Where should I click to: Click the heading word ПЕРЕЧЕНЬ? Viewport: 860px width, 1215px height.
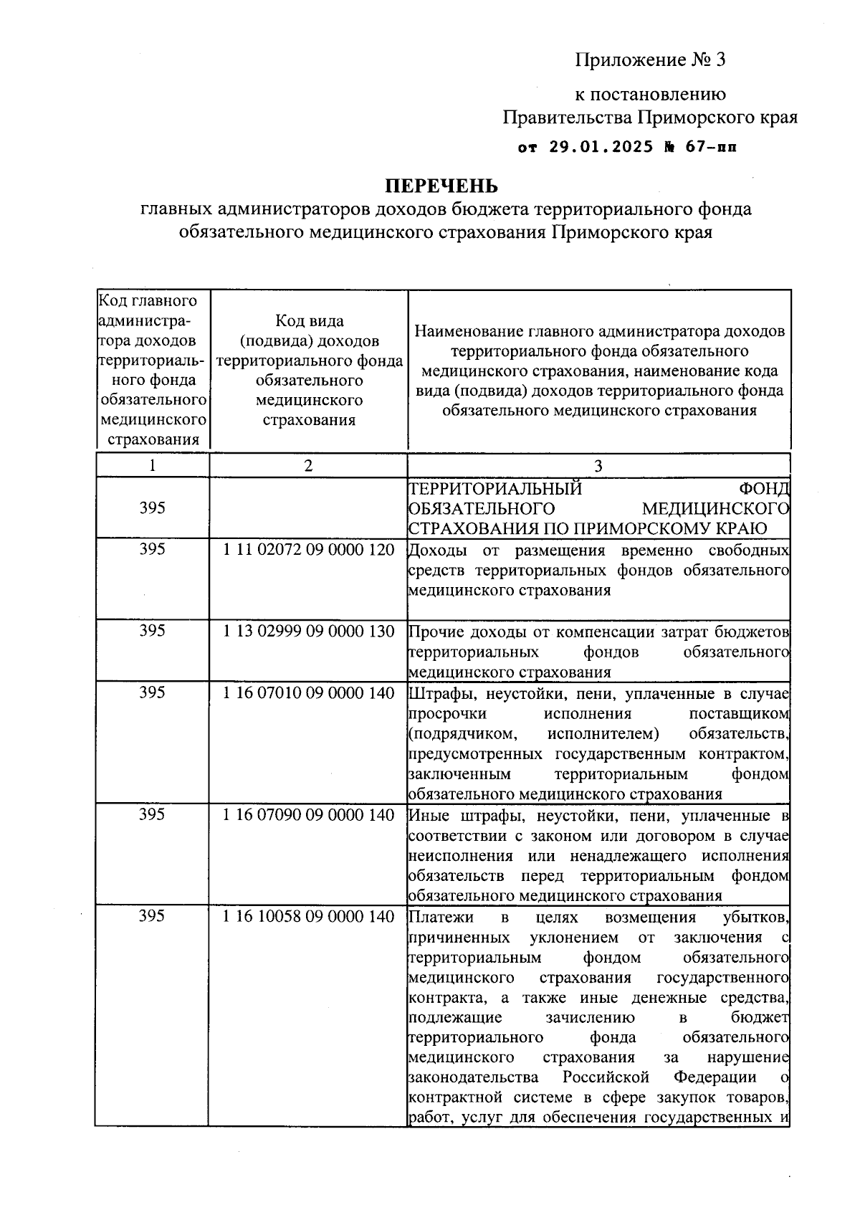(x=441, y=186)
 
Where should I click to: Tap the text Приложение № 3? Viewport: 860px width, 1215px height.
(x=651, y=60)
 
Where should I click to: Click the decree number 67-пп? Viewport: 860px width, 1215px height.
(x=709, y=148)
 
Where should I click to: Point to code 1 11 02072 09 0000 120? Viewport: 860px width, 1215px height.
(x=309, y=550)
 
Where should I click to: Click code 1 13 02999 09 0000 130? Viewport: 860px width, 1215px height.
(x=309, y=632)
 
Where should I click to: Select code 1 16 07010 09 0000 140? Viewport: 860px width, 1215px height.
(x=309, y=693)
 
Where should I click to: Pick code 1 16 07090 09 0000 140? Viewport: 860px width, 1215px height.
(x=309, y=815)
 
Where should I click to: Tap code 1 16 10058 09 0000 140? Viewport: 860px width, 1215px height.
(x=309, y=917)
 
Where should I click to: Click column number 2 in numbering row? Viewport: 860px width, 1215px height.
(x=308, y=465)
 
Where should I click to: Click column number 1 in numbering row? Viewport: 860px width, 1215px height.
(x=152, y=465)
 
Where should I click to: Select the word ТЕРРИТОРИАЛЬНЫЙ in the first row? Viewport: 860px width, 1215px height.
(x=494, y=489)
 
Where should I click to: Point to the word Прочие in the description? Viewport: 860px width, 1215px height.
(x=436, y=632)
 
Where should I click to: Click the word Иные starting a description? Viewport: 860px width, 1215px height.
(x=426, y=816)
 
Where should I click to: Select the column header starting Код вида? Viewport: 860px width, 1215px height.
(x=309, y=321)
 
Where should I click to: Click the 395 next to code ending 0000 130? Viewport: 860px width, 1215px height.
(x=152, y=631)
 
